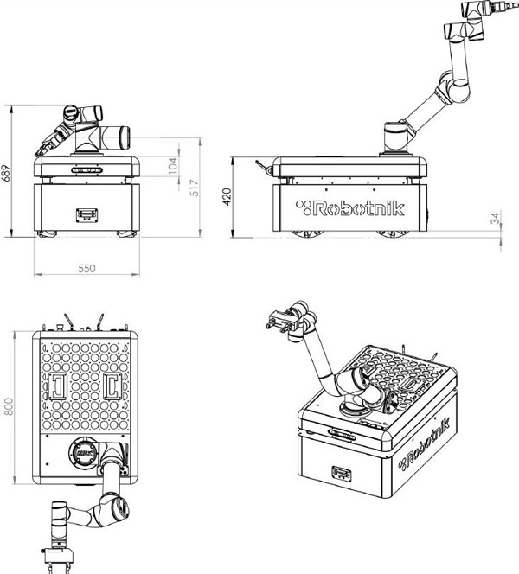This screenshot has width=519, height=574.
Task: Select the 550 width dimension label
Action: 86,268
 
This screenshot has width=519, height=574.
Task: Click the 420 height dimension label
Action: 227,198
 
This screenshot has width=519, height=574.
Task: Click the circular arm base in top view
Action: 85,452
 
